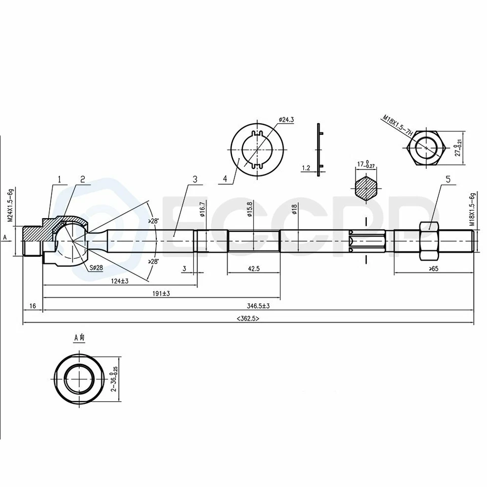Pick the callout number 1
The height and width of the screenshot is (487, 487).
point(60,179)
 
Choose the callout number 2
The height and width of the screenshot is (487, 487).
point(82,179)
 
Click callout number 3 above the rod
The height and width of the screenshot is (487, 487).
point(194,179)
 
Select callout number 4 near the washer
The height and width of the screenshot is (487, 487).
point(225,179)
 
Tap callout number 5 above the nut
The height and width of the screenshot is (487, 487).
point(447,179)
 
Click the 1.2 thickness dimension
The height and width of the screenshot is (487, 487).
point(305,167)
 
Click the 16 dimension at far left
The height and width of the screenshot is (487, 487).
point(33,306)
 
